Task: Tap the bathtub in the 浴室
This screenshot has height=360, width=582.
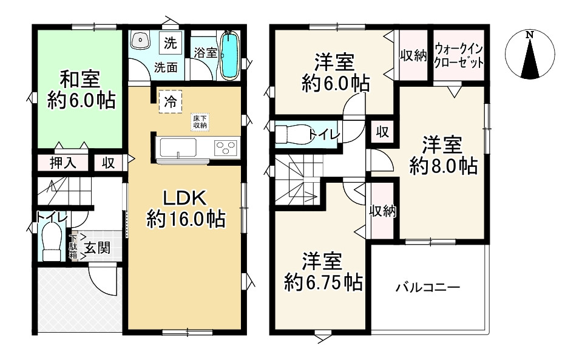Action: [x=229, y=55]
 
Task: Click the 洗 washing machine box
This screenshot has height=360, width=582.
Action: [x=171, y=43]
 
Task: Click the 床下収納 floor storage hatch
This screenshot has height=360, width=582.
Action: [x=200, y=121]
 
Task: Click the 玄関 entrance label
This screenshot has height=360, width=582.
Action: [x=97, y=248]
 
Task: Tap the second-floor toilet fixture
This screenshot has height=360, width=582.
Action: [x=291, y=134]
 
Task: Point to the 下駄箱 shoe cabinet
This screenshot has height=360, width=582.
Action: [x=73, y=247]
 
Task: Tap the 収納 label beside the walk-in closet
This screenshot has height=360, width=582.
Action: [x=413, y=55]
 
